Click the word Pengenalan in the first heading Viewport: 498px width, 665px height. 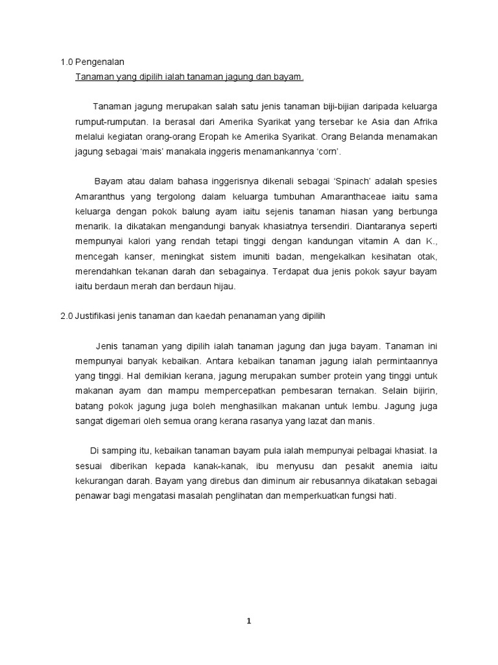(x=99, y=62)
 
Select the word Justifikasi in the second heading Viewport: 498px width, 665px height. (x=97, y=316)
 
